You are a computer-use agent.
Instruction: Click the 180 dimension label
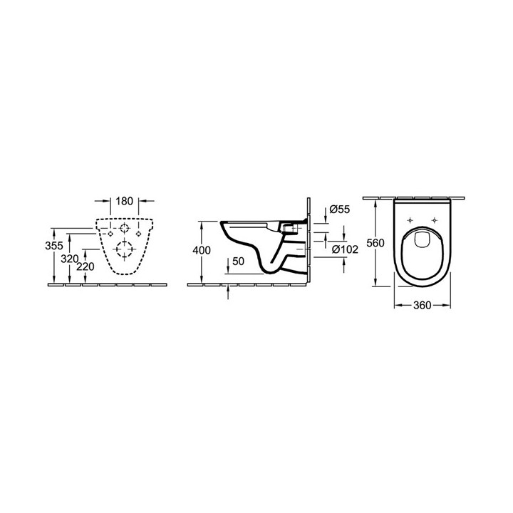tap(125, 202)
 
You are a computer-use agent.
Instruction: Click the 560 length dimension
tap(375, 243)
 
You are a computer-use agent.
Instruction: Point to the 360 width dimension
tap(423, 305)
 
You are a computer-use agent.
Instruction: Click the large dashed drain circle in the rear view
tap(125, 250)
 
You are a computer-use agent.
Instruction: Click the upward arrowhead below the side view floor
tap(228, 289)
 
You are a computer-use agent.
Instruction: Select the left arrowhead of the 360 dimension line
tap(396, 305)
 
